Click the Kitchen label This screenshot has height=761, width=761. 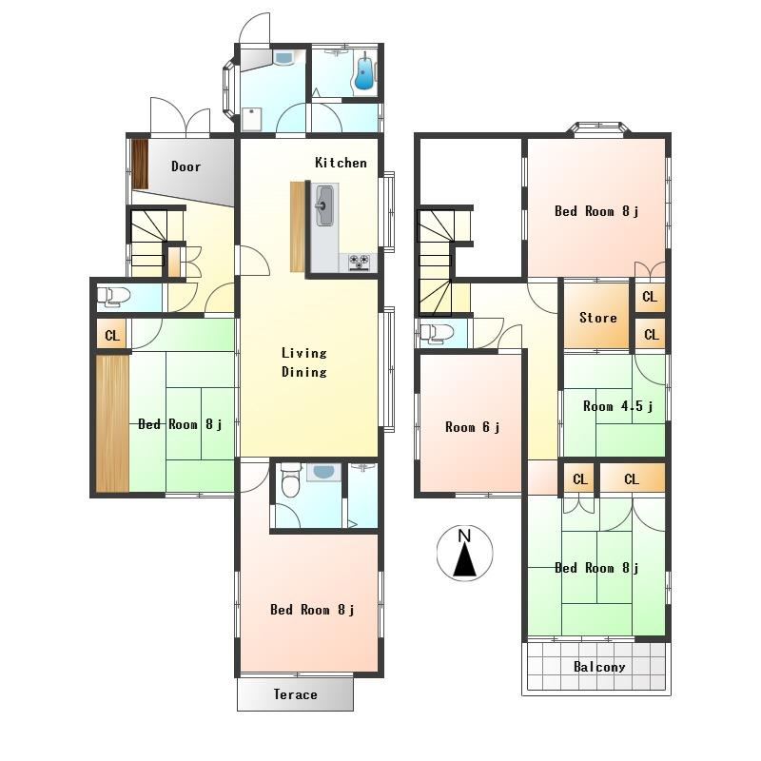tap(341, 163)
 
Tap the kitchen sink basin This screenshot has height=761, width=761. tap(324, 205)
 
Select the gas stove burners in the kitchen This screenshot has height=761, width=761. tap(360, 262)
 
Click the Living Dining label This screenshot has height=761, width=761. tap(304, 362)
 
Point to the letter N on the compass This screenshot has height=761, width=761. tap(464, 536)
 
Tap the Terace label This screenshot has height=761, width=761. tap(295, 694)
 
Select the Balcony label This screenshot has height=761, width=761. tap(599, 667)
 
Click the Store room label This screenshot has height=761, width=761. tap(598, 318)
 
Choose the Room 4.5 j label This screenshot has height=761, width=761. tap(617, 406)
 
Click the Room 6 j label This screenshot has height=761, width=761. tap(472, 427)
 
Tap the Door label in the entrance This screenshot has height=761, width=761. tap(185, 166)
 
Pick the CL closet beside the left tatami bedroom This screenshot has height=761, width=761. tap(111, 335)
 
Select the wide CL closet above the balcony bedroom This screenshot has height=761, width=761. tap(632, 479)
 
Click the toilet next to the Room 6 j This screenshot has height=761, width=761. tap(437, 334)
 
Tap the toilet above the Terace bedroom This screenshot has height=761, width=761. tap(291, 480)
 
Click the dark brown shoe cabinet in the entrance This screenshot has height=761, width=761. tap(140, 164)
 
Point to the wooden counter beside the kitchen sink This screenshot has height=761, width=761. tap(298, 226)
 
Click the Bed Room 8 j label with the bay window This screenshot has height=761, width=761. tap(596, 211)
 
